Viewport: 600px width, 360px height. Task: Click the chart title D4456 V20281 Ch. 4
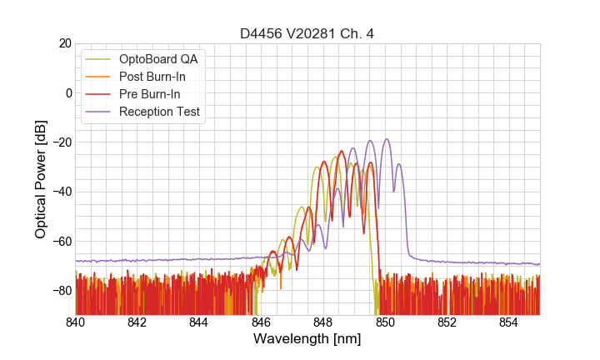pyautogui.click(x=307, y=34)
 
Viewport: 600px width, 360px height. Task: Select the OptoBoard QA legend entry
pyautogui.click(x=162, y=59)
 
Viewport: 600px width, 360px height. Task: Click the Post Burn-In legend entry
pyautogui.click(x=152, y=77)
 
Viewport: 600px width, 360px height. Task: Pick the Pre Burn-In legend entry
pyautogui.click(x=150, y=94)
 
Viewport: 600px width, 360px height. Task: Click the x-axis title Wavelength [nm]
pyautogui.click(x=307, y=339)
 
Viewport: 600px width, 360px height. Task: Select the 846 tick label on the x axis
pyautogui.click(x=261, y=322)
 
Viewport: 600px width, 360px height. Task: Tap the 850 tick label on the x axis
pyautogui.click(x=385, y=322)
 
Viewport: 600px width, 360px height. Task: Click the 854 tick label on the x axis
pyautogui.click(x=508, y=322)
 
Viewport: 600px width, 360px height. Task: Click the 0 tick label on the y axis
pyautogui.click(x=68, y=92)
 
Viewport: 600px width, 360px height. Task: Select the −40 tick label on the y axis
pyautogui.click(x=61, y=192)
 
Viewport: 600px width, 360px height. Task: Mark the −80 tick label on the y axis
pyautogui.click(x=61, y=291)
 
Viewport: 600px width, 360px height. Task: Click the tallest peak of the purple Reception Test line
pyautogui.click(x=387, y=139)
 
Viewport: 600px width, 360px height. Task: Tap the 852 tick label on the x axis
pyautogui.click(x=447, y=322)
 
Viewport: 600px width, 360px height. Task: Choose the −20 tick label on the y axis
pyautogui.click(x=61, y=142)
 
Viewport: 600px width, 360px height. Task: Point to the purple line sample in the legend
pyautogui.click(x=100, y=112)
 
